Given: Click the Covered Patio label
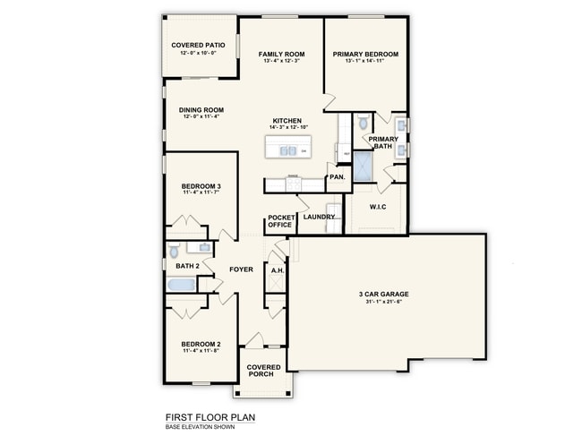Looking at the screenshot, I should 198,45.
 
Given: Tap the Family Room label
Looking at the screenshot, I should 282,55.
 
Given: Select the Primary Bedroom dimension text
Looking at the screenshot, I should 365,61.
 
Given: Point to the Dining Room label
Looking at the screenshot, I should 201,110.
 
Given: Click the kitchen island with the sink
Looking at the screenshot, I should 287,150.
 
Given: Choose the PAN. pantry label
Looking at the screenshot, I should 338,177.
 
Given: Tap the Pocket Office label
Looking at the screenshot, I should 280,221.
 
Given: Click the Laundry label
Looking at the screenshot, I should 319,217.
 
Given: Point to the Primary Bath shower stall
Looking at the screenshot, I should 363,167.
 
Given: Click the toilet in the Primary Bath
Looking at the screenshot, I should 363,124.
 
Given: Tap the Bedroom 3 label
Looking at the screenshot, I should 201,186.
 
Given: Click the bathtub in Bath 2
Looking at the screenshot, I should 182,285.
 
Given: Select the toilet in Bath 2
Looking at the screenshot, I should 174,252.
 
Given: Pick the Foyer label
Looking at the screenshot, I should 241,269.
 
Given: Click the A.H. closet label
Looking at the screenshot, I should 278,269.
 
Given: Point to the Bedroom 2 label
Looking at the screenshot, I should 201,345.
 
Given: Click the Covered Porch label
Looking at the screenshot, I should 263,371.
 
